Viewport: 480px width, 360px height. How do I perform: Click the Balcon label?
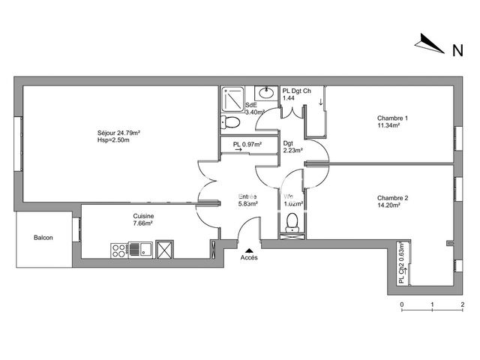[x=43, y=238]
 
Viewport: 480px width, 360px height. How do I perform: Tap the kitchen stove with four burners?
[x=118, y=248]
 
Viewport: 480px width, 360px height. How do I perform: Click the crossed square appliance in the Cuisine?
[x=164, y=248]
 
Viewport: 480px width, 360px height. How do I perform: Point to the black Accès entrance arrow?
[x=249, y=250]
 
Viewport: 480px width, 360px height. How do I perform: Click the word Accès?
[x=249, y=258]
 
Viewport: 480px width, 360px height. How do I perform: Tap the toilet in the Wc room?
[x=293, y=220]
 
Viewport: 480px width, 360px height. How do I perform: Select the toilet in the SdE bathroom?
[x=231, y=122]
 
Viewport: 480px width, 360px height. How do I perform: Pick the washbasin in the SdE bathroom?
[x=266, y=93]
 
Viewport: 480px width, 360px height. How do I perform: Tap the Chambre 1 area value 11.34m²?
[x=388, y=126]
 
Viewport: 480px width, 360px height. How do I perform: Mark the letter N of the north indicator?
[x=456, y=51]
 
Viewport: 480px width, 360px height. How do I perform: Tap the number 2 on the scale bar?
[x=463, y=304]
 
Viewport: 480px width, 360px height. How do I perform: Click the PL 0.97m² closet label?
[x=247, y=144]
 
